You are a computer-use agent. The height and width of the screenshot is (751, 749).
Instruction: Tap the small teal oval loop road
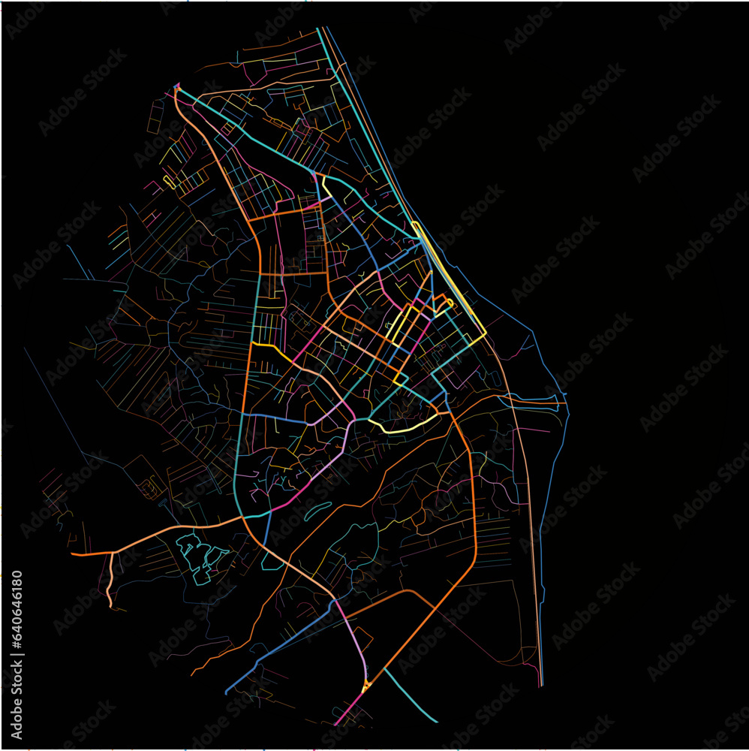tap(318, 511)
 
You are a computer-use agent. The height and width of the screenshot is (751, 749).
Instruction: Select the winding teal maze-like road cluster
tap(199, 556)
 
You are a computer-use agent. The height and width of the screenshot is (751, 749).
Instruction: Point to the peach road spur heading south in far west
tap(110, 578)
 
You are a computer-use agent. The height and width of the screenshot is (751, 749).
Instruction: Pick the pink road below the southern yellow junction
tap(349, 710)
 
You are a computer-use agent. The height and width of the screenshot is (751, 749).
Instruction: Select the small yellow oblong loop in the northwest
tap(170, 182)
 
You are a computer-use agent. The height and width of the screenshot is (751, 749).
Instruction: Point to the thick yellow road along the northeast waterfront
tap(450, 278)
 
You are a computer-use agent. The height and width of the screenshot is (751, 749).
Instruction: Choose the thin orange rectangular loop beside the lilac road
tap(362, 638)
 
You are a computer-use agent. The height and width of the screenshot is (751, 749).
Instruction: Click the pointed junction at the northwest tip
tap(177, 87)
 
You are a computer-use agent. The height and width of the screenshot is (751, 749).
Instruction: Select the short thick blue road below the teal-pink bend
tap(266, 529)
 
